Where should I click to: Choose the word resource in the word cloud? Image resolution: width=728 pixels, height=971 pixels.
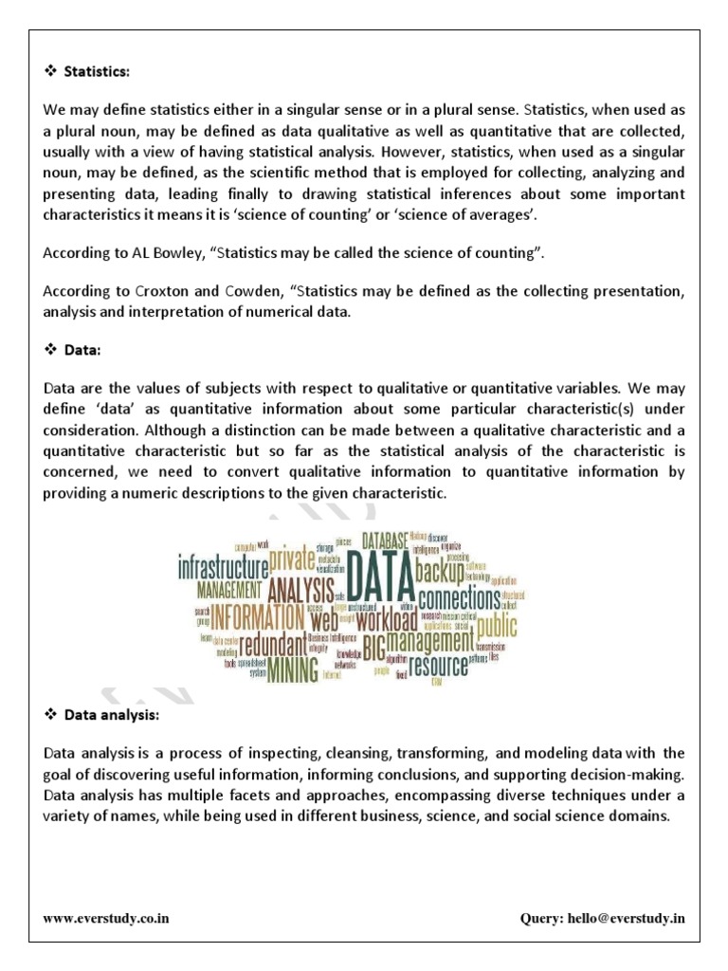point(435,664)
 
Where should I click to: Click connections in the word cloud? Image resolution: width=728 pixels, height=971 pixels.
point(459,599)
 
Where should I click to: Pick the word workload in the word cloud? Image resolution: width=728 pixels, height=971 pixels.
point(387,621)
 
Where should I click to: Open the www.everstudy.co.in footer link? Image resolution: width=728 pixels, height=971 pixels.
point(107,918)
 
